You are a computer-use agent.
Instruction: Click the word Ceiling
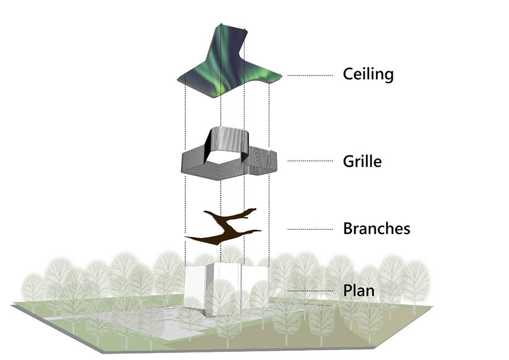pos(368,74)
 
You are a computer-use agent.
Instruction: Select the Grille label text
pos(362,161)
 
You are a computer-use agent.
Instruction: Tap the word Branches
pos(377,228)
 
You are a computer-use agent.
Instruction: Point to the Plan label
pos(359,290)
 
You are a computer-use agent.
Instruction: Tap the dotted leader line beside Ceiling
pos(310,75)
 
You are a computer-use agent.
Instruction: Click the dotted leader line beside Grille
pos(310,160)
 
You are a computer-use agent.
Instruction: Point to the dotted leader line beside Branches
pos(310,229)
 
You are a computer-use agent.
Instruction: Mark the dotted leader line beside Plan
pos(310,291)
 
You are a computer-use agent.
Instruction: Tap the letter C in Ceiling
pos(349,74)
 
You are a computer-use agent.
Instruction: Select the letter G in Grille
pos(349,162)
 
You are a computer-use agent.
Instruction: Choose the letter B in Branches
pos(348,228)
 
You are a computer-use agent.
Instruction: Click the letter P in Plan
pos(348,290)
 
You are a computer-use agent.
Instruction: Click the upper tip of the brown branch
pos(255,209)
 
